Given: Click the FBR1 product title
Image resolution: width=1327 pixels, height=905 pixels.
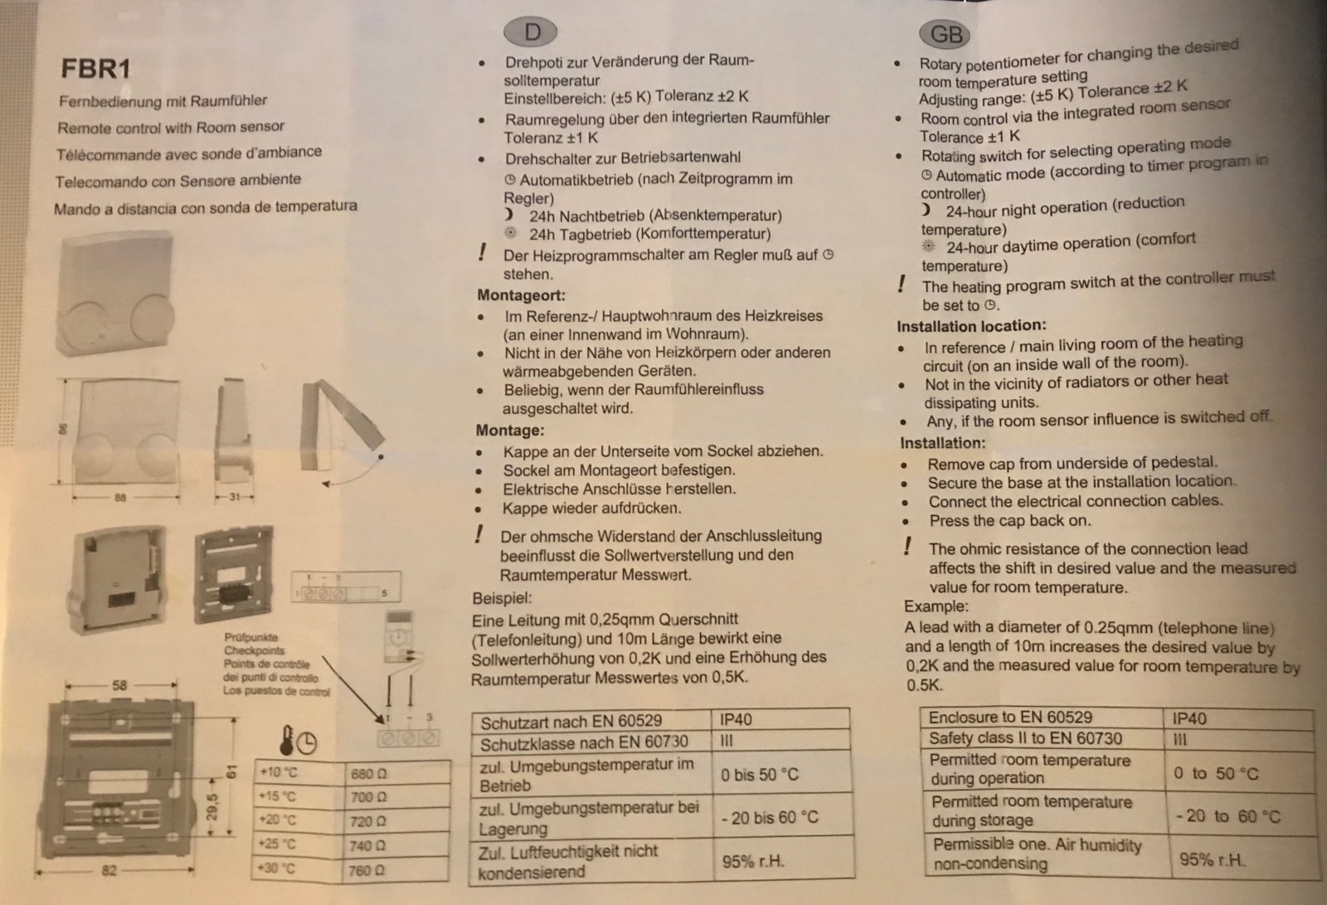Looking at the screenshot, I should coord(96,68).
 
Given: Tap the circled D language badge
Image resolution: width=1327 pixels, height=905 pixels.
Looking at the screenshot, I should coord(532,32).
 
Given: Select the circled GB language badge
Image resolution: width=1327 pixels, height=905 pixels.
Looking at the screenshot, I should coord(945,34).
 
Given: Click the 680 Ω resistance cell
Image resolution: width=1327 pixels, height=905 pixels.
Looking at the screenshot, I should coord(368,773).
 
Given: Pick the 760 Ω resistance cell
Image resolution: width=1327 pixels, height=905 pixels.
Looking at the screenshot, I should coord(368,870).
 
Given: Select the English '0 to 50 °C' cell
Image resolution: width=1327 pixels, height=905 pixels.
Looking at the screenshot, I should coord(1216,774).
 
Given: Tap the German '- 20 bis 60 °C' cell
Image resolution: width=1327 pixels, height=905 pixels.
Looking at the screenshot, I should coord(770,818).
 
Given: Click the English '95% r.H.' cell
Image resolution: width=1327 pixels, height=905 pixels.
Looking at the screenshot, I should coord(1212,859).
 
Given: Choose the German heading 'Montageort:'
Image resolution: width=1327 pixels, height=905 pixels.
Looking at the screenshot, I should coord(521,294).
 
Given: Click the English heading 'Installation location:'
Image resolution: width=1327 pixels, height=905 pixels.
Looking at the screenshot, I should coord(971,326).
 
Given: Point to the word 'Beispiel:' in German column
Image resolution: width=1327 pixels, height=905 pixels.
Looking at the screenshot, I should coord(503,597).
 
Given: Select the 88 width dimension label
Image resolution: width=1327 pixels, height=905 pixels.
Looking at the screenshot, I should coord(121,498).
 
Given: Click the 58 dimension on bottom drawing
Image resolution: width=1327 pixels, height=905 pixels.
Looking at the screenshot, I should coord(119,685).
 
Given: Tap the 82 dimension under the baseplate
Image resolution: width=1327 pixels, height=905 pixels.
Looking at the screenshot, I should coord(109,871).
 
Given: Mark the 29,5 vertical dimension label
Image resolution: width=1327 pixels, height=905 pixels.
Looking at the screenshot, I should coord(213,805).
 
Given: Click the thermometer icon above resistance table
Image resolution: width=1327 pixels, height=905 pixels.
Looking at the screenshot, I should coord(285,739).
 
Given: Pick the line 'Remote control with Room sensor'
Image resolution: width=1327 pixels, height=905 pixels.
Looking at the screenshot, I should coord(171,128).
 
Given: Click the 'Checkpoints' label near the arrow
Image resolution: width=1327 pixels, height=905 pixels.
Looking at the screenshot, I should coord(254,651).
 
